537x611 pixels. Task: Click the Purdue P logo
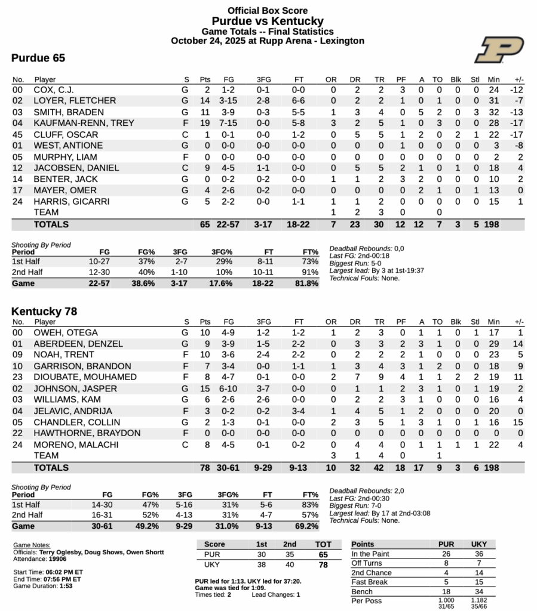tap(499, 50)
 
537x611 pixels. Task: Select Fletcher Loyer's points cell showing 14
tap(205, 101)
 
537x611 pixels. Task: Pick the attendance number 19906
tap(58, 559)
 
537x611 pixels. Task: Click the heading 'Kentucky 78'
tap(44, 311)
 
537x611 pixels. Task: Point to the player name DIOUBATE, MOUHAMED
tap(76, 377)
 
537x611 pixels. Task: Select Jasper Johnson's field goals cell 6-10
tap(228, 388)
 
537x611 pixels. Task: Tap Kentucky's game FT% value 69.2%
tap(306, 526)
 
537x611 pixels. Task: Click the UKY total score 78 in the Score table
tap(322, 564)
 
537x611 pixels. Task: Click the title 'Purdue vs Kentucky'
tap(268, 21)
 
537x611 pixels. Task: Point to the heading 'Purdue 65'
tap(38, 58)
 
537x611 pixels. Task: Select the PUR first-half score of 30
tap(262, 554)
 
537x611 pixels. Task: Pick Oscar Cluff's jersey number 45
tap(19, 135)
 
